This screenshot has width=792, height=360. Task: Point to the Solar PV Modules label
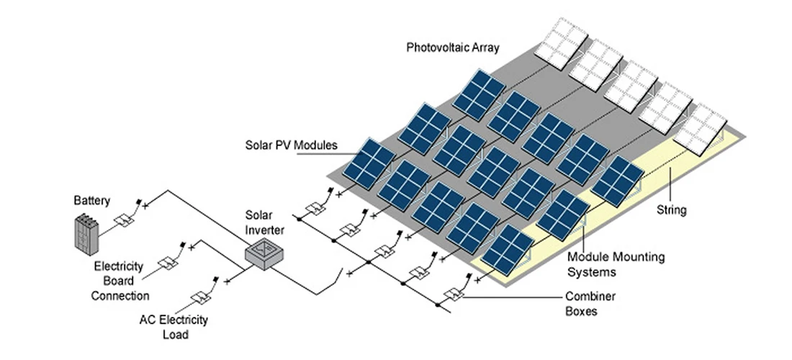(x=290, y=145)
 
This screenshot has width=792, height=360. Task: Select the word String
(x=672, y=211)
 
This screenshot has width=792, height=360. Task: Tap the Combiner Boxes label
(x=590, y=303)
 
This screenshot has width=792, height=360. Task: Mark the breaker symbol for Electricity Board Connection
(x=168, y=261)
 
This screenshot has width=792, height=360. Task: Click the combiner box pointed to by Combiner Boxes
(x=454, y=294)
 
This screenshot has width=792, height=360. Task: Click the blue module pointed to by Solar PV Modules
(x=368, y=163)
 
